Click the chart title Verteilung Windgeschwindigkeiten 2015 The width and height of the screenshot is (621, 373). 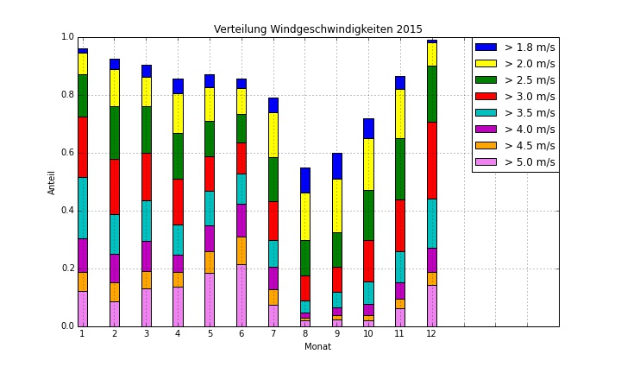pyautogui.click(x=318, y=29)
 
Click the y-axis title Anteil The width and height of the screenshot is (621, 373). pyautogui.click(x=52, y=181)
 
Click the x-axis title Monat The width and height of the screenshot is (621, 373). pyautogui.click(x=317, y=347)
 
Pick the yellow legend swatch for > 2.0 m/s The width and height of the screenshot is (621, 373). pyautogui.click(x=486, y=64)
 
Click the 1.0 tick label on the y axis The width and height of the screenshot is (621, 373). pyautogui.click(x=66, y=37)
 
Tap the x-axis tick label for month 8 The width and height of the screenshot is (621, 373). pyautogui.click(x=304, y=334)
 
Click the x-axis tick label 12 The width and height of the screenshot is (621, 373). pyautogui.click(x=431, y=334)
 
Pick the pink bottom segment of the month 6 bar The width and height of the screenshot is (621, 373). pyautogui.click(x=241, y=295)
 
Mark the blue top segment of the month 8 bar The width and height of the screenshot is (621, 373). pyautogui.click(x=304, y=180)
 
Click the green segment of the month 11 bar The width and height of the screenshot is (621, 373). pyautogui.click(x=399, y=168)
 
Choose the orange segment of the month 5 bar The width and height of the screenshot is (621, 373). pyautogui.click(x=209, y=262)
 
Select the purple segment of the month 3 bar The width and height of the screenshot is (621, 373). pyautogui.click(x=146, y=256)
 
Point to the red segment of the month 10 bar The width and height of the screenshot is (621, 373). pyautogui.click(x=368, y=261)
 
